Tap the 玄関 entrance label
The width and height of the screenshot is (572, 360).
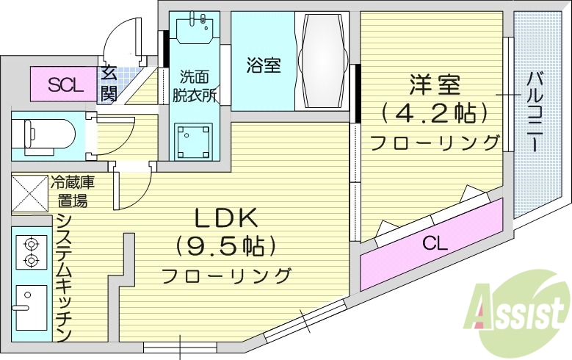(109, 82)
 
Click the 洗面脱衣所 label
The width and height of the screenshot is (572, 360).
(194, 84)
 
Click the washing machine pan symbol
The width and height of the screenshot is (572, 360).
(192, 139)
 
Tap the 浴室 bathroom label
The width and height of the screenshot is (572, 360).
(262, 65)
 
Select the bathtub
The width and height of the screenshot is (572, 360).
(320, 62)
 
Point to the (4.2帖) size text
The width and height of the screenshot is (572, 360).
(435, 114)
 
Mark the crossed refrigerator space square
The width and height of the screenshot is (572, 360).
(29, 194)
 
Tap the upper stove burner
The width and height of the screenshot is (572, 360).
(31, 242)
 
